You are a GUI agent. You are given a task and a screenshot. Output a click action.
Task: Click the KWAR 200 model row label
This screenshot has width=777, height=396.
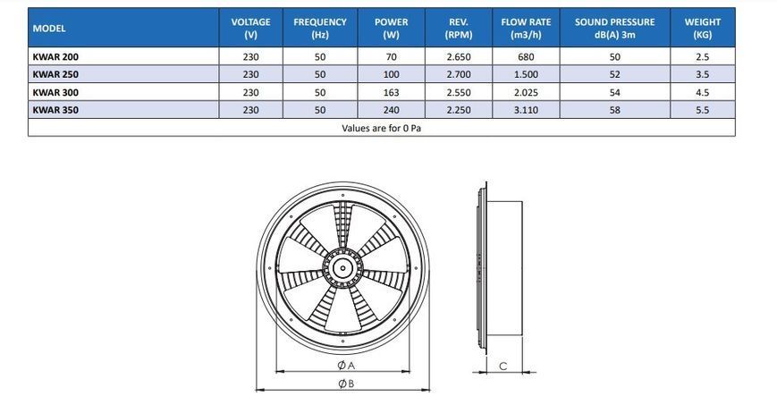[55, 57]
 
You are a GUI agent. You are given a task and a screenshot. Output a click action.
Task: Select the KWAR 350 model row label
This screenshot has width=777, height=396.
[55, 110]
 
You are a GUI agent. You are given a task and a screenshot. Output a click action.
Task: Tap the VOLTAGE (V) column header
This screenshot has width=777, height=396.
[250, 29]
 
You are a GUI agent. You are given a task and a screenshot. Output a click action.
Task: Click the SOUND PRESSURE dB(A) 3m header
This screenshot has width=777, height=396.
[614, 29]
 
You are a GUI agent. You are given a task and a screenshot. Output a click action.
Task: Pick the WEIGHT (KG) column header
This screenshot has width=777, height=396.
[702, 29]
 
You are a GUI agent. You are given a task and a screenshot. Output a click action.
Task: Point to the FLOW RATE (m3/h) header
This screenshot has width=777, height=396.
[526, 29]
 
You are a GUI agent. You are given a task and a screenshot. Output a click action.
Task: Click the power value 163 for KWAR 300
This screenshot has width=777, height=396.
[391, 93]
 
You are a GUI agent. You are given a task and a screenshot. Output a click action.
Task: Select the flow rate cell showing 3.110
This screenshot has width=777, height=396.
[526, 110]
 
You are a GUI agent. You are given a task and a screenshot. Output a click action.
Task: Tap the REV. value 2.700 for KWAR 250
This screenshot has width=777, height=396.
[459, 75]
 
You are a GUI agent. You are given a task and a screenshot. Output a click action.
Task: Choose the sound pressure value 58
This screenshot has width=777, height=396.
[614, 110]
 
